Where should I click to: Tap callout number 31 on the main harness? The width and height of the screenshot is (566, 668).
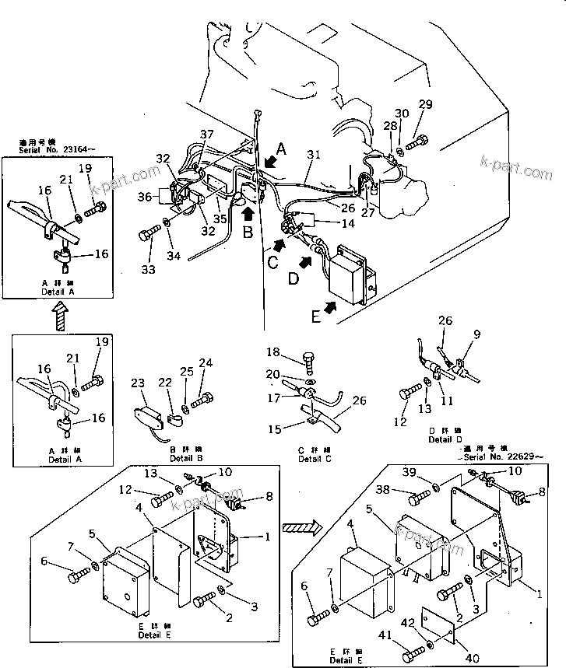(x=312, y=155)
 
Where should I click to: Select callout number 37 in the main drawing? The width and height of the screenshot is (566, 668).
(x=207, y=135)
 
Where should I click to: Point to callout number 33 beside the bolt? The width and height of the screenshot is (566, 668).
(x=147, y=269)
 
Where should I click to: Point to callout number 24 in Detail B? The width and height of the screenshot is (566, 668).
(x=206, y=362)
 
